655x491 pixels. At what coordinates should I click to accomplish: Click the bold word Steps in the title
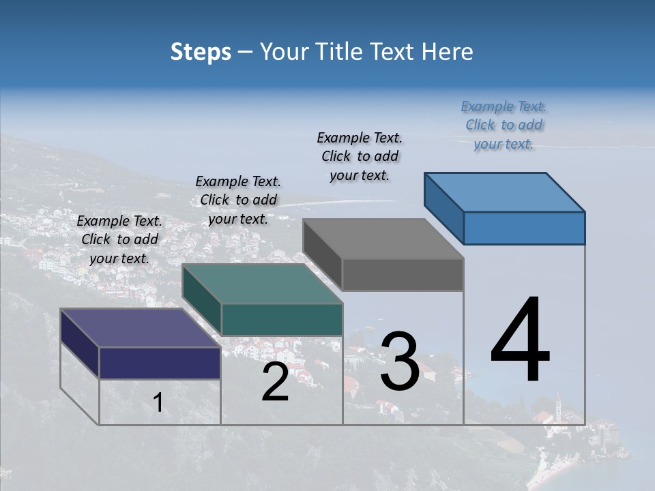(x=201, y=53)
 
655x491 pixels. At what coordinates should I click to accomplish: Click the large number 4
(x=520, y=341)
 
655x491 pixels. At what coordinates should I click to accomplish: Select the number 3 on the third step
(x=399, y=361)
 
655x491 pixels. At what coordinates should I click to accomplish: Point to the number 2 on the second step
(x=275, y=382)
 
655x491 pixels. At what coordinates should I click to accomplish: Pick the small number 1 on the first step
(x=158, y=403)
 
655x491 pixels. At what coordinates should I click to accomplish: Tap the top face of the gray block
(x=382, y=239)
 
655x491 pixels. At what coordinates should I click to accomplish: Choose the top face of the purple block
(x=140, y=328)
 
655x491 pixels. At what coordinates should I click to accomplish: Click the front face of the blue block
(x=524, y=228)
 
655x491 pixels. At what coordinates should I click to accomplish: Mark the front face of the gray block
(x=403, y=275)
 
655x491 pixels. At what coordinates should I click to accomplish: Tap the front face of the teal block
(x=282, y=320)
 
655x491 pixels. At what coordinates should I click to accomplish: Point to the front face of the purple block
(x=160, y=363)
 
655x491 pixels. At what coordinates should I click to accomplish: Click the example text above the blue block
(x=504, y=125)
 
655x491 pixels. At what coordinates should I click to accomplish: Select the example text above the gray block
(x=360, y=156)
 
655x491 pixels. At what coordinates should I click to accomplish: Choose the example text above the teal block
(x=238, y=200)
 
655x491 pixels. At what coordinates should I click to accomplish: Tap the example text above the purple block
(x=119, y=239)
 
